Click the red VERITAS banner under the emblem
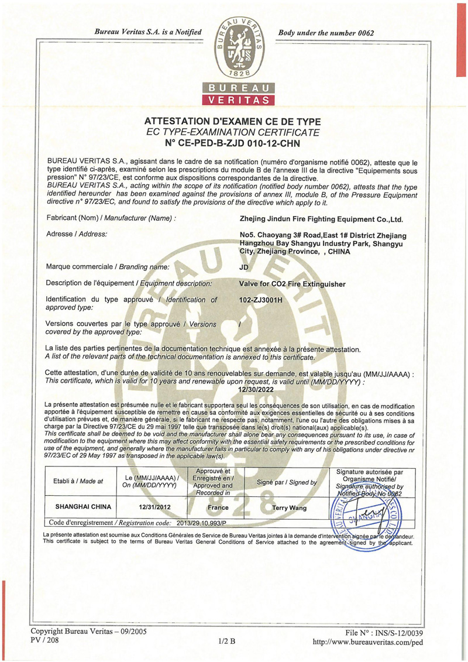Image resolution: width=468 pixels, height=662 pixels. [238, 100]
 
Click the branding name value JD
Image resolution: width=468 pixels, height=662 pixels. [245, 267]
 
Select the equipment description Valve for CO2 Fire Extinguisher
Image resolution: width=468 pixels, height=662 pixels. [292, 284]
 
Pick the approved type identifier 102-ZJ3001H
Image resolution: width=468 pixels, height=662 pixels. [261, 300]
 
